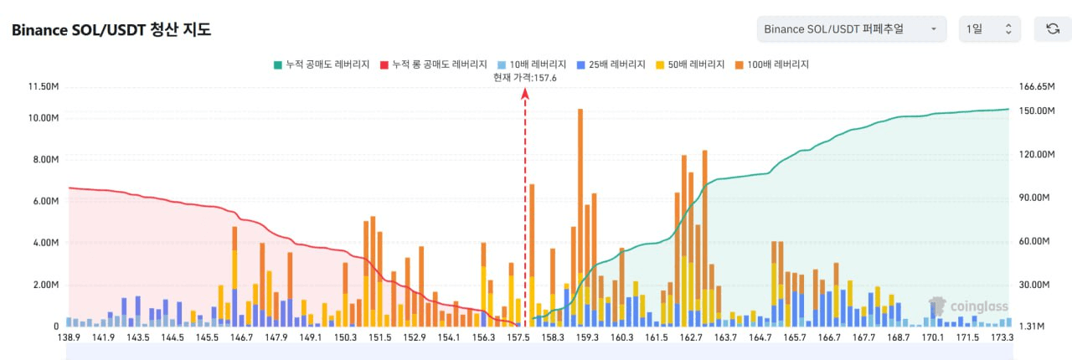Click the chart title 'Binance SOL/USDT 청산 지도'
[111, 30]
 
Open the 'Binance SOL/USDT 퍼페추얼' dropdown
[851, 29]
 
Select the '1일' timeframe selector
[989, 29]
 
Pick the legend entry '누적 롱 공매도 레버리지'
[433, 64]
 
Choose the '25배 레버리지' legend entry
[611, 64]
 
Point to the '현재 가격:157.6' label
[525, 77]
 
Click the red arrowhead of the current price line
[525, 94]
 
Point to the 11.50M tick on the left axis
[42, 86]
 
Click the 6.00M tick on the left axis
[44, 201]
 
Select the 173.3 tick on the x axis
[1002, 337]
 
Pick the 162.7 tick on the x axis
[691, 337]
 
